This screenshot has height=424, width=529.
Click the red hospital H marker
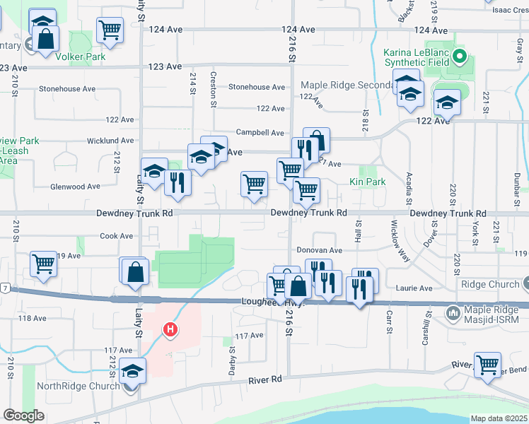click(170, 329)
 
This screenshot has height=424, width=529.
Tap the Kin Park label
click(368, 182)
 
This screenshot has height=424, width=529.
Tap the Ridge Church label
click(489, 284)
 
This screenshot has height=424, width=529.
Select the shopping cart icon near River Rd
click(487, 365)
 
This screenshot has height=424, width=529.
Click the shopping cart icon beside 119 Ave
click(44, 264)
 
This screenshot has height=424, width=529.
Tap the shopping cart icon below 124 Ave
click(110, 29)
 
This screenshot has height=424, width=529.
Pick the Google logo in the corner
click(23, 416)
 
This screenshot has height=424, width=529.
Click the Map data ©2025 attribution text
click(499, 418)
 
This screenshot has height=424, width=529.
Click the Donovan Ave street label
click(319, 250)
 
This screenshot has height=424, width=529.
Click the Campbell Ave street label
click(260, 132)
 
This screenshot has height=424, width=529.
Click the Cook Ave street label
click(117, 236)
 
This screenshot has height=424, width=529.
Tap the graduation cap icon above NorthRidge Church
click(132, 370)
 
